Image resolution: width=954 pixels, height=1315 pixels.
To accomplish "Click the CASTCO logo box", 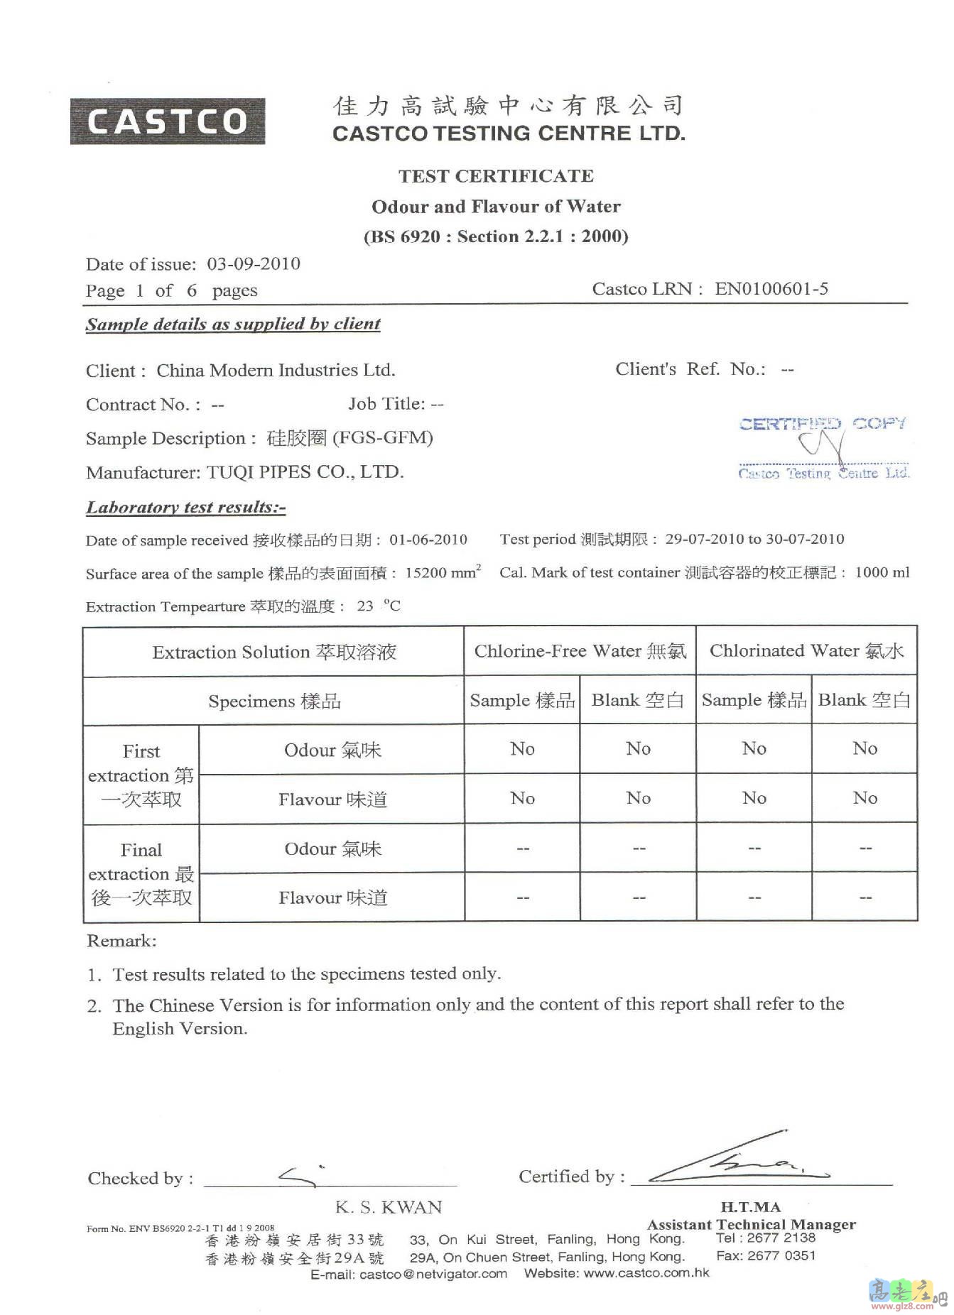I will coord(167,121).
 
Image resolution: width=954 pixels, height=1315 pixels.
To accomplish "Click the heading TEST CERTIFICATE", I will coord(496,176).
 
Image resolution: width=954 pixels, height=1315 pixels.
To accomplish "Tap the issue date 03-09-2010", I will coord(254,264).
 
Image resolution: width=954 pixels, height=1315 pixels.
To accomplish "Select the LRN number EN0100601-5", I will coord(771,289).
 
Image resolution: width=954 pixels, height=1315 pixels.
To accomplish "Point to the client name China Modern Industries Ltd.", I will coord(276,371).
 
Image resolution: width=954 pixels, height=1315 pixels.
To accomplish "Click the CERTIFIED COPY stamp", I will coord(823,447).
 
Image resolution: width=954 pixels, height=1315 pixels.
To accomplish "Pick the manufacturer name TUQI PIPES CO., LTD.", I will coord(305,472).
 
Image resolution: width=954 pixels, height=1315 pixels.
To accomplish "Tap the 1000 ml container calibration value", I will coord(882,572).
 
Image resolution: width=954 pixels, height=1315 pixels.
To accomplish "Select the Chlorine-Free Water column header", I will coord(580,651).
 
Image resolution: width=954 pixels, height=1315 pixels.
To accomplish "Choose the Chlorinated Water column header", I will coord(806,651).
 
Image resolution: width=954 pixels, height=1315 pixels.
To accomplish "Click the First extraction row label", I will coord(141,775).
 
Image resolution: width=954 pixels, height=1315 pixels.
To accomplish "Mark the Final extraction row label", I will coord(141,873).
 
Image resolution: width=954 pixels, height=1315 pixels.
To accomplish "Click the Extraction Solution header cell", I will coord(273,653).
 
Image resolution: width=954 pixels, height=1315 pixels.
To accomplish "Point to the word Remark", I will coord(121,942).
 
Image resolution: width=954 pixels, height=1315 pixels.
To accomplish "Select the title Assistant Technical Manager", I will coord(751,1225).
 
